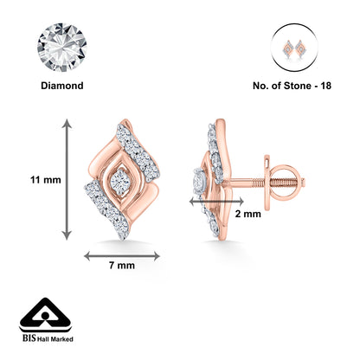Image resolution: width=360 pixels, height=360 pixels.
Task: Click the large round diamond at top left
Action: click(x=62, y=48)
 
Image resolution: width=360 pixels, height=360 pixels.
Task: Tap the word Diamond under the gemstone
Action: click(x=62, y=86)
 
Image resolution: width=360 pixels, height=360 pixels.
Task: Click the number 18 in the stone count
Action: click(x=325, y=86)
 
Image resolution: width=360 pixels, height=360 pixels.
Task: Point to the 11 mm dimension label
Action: click(x=46, y=180)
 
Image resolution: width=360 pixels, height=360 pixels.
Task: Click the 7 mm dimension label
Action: click(x=122, y=266)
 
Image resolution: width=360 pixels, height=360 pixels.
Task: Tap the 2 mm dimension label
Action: click(x=248, y=214)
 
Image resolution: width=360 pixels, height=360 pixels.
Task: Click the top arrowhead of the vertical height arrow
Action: click(x=67, y=124)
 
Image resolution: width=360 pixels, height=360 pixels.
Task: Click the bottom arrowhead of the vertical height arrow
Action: click(x=67, y=235)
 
